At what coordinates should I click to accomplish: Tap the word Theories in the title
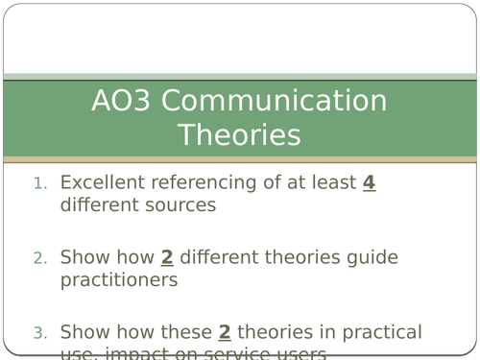click(239, 135)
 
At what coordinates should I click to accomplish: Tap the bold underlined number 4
click(369, 181)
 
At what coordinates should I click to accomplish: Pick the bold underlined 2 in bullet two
click(167, 257)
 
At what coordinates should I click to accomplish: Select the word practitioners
click(119, 280)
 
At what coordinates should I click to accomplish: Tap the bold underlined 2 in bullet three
click(225, 333)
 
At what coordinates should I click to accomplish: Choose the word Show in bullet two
click(84, 257)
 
